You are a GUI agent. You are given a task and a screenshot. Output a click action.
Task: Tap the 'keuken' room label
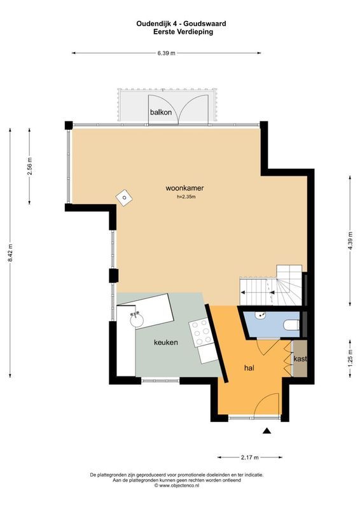click(165, 342)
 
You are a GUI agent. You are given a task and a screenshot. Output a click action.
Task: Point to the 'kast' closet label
click(300, 359)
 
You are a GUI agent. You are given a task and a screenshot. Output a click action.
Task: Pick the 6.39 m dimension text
click(167, 53)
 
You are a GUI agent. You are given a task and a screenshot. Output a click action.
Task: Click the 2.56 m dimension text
click(30, 165)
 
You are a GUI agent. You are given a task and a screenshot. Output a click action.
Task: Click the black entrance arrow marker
click(267, 431)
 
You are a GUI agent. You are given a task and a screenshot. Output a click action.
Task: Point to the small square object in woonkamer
click(123, 198)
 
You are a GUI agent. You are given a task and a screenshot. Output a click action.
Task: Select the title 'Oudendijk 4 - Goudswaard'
click(181, 24)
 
